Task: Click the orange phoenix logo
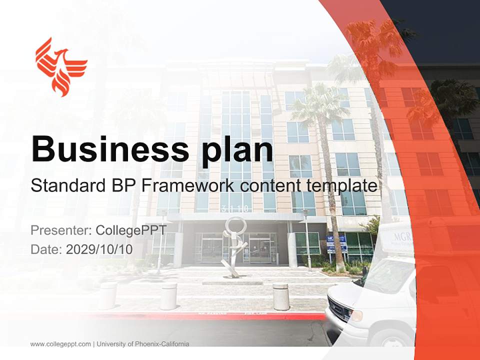[61, 66]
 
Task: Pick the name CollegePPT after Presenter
[130, 230]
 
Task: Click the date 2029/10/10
[99, 249]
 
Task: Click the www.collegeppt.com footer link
[60, 344]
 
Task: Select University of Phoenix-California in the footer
[143, 344]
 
